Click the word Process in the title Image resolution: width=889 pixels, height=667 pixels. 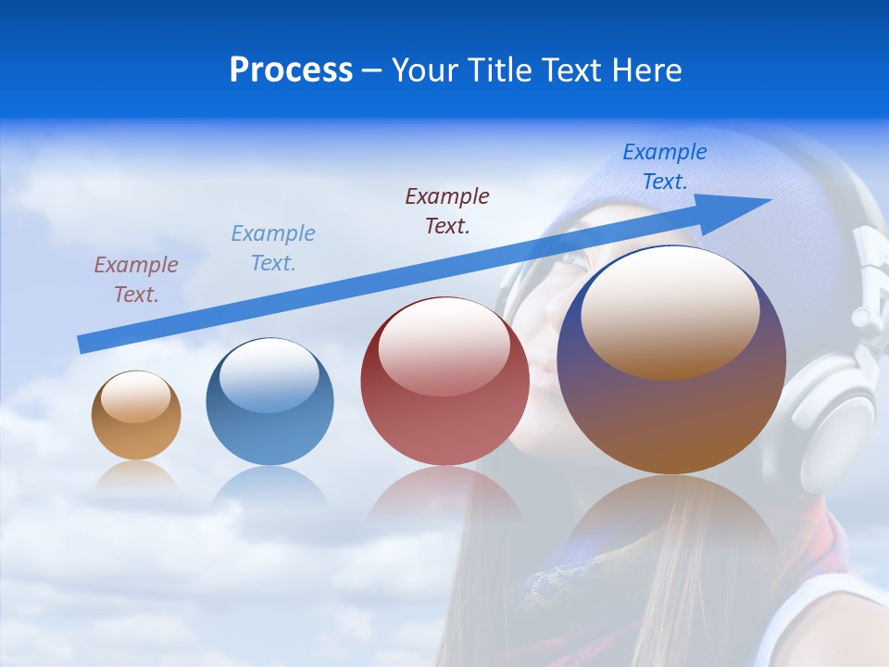291,70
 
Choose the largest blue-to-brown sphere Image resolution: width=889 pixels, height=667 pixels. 671,417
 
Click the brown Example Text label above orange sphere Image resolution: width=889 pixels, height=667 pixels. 136,280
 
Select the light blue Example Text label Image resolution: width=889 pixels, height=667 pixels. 273,248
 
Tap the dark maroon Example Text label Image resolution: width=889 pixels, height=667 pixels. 447,210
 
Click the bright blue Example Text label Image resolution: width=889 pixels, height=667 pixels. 665,167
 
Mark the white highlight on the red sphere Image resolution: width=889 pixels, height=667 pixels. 444,347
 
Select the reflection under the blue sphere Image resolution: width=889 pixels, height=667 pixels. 269,486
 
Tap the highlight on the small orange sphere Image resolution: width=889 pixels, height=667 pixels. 136,396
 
